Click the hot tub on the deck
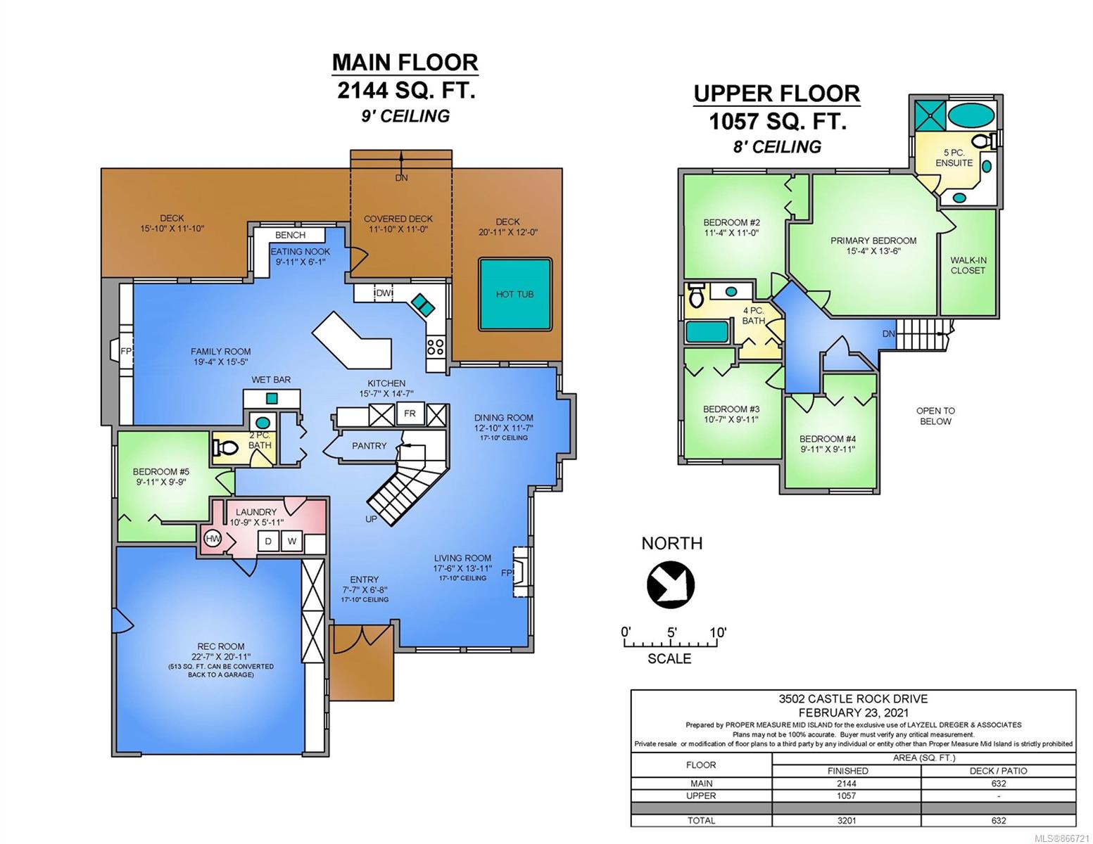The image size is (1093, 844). [x=515, y=294]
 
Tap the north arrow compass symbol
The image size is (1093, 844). [x=670, y=584]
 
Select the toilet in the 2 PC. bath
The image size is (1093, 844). [x=225, y=447]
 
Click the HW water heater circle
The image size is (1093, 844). [x=213, y=539]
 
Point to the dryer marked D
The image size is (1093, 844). [x=268, y=541]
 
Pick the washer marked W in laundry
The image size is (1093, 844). [x=292, y=541]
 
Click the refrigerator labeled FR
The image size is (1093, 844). [x=410, y=413]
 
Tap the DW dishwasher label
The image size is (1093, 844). [x=384, y=293]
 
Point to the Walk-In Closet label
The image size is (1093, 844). [x=968, y=265]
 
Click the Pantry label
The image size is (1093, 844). [x=369, y=446]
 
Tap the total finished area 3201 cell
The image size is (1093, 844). [x=847, y=820]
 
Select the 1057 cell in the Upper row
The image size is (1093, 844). [x=847, y=795]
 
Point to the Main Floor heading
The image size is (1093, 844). [x=405, y=63]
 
